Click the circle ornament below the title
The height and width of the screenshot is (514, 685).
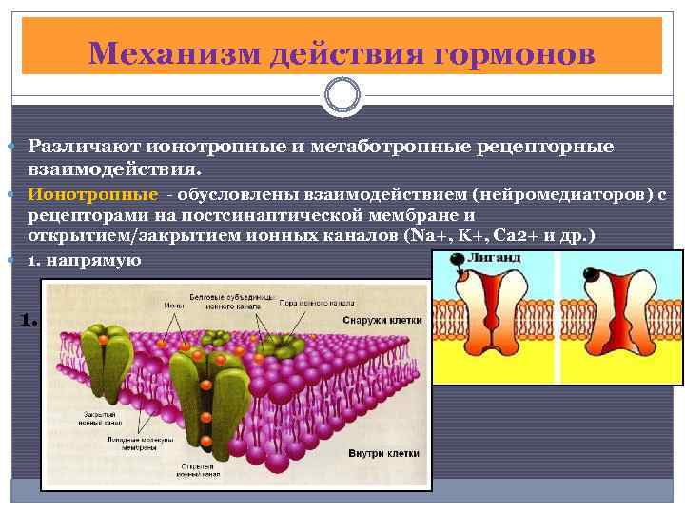342,95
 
